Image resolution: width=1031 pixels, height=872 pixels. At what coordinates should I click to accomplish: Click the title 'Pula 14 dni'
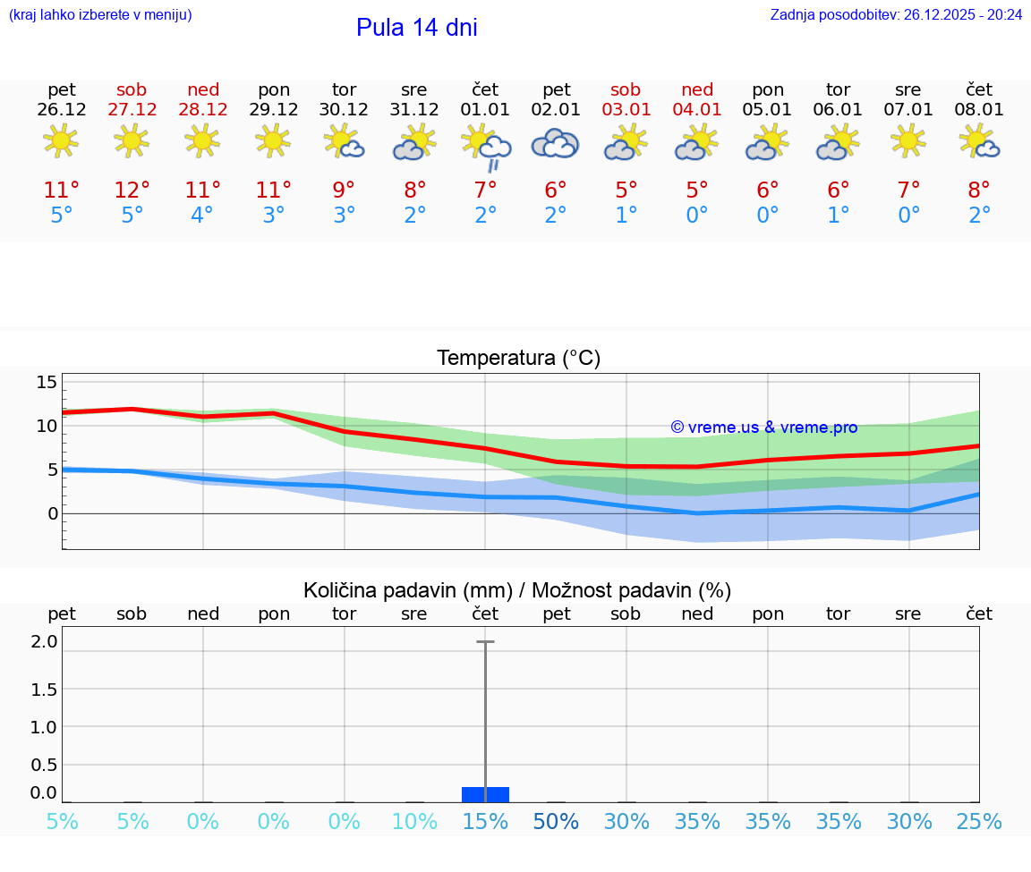(x=416, y=28)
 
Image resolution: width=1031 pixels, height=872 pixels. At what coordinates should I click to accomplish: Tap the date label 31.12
(x=414, y=110)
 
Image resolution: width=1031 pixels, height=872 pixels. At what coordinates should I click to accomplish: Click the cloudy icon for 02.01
(x=556, y=143)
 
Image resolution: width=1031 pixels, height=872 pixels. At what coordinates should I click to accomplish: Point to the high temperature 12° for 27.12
(x=132, y=190)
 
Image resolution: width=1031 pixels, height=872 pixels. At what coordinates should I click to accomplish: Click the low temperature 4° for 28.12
(x=202, y=216)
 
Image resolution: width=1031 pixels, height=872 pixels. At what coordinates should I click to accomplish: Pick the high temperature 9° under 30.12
(x=344, y=190)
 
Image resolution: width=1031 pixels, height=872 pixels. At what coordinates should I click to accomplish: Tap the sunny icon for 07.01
(x=908, y=140)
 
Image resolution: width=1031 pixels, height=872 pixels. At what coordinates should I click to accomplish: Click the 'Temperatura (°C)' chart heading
(x=518, y=359)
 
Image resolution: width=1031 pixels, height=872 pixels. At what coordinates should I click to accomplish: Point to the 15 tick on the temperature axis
(x=47, y=383)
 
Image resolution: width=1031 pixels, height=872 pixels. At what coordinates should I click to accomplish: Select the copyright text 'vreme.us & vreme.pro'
(x=764, y=428)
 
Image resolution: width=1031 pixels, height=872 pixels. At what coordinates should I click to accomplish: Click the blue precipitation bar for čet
(x=485, y=794)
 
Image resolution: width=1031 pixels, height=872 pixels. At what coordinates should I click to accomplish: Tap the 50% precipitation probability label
(x=556, y=822)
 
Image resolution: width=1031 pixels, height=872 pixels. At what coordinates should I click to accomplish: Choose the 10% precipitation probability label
(x=414, y=822)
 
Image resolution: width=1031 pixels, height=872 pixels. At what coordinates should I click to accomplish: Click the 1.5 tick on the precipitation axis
(x=45, y=689)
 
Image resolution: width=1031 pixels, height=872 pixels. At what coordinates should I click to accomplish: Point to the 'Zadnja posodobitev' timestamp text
(x=896, y=15)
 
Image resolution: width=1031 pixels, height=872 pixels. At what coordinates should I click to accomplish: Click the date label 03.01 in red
(x=626, y=110)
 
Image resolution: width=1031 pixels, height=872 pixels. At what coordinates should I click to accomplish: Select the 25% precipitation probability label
(x=979, y=822)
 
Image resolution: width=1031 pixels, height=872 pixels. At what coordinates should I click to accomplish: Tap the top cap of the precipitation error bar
(x=485, y=642)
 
